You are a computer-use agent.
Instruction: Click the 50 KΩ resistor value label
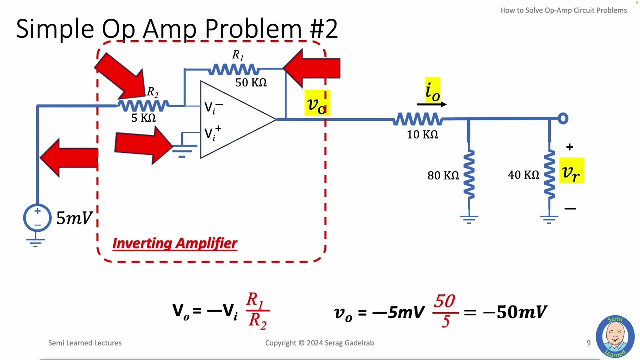(x=251, y=83)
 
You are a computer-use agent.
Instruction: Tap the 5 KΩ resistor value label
(x=143, y=118)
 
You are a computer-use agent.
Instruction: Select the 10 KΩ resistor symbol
(x=418, y=119)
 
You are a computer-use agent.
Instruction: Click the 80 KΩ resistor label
(x=443, y=175)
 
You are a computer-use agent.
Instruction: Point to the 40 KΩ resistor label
(x=523, y=175)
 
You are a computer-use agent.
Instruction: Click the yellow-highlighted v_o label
(x=317, y=103)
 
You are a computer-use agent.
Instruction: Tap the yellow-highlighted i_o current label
(x=432, y=91)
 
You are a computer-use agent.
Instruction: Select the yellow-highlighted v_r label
(x=571, y=171)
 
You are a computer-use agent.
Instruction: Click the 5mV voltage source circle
(x=37, y=218)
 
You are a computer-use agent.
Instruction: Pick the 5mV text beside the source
(x=74, y=218)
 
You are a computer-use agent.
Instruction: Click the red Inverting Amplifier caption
(x=175, y=243)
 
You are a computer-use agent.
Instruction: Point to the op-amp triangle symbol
(x=235, y=120)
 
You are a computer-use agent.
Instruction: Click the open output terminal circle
(x=563, y=119)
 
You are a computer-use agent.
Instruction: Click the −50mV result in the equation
(x=515, y=312)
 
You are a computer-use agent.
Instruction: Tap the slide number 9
(x=588, y=343)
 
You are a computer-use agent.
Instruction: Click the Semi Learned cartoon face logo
(x=615, y=337)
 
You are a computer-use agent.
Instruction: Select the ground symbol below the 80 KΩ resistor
(x=469, y=218)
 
